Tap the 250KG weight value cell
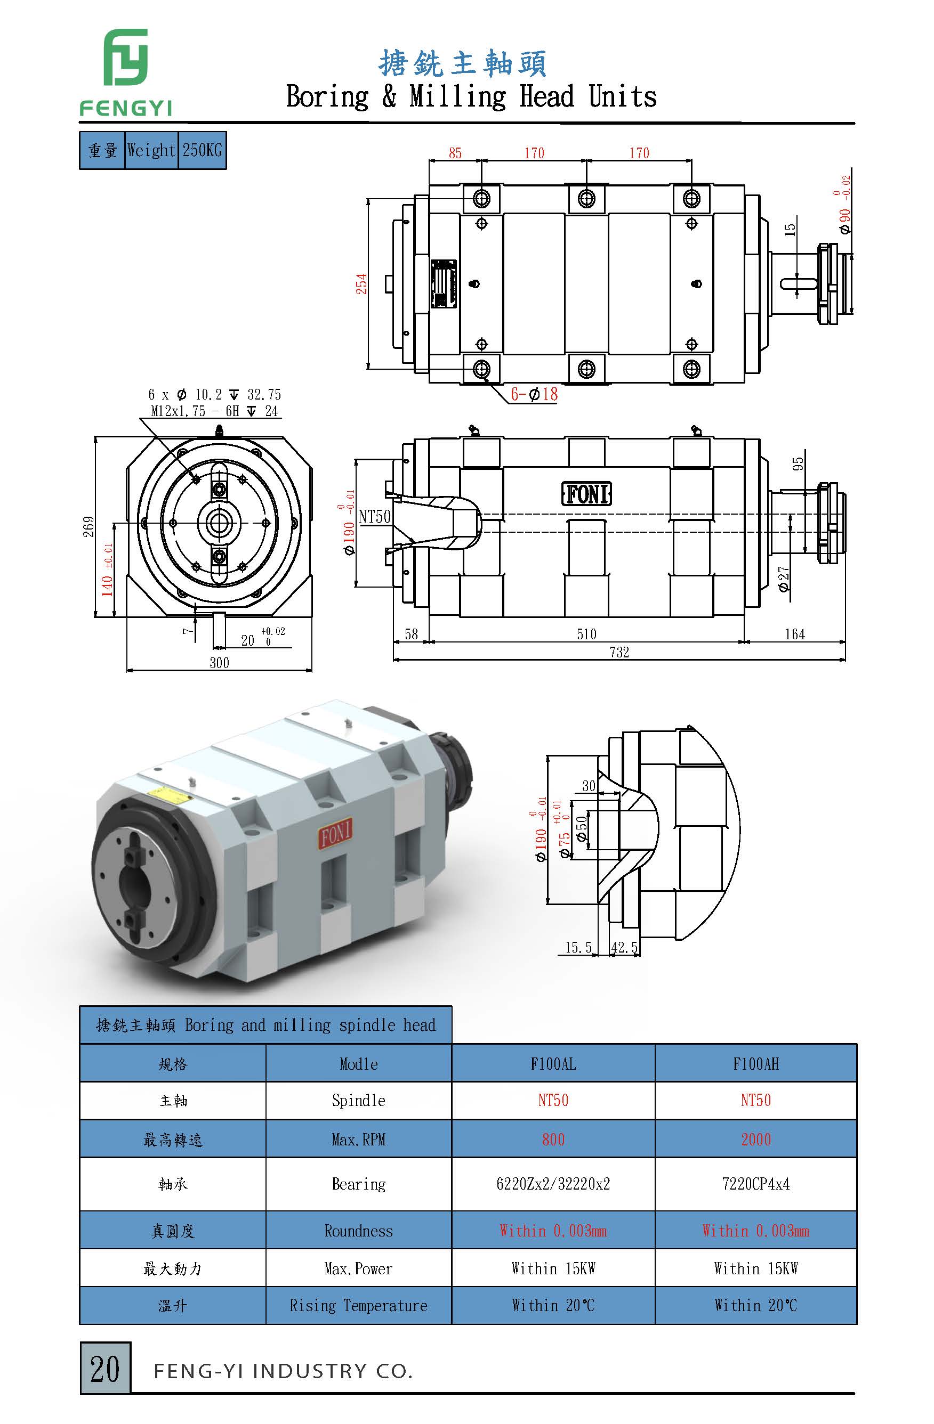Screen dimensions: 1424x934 click(x=202, y=150)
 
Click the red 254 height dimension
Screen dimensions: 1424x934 click(x=361, y=283)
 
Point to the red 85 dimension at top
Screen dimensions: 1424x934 click(x=455, y=153)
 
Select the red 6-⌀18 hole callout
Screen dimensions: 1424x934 click(x=534, y=394)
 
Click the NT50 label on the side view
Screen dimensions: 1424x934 click(x=375, y=516)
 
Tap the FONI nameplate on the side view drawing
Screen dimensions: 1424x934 click(x=586, y=494)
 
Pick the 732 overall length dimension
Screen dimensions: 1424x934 click(x=619, y=652)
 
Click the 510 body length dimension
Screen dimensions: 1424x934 click(x=586, y=634)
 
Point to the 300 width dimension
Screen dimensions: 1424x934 click(x=219, y=663)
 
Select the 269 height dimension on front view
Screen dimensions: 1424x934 click(x=88, y=526)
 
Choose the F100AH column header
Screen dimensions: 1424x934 click(x=755, y=1064)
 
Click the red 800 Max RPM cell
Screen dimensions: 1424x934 click(x=553, y=1139)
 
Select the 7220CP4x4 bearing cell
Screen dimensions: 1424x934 click(x=755, y=1184)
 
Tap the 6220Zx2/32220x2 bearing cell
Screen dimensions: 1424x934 click(x=553, y=1184)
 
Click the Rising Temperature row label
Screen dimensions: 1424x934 click(x=358, y=1306)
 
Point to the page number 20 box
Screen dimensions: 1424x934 click(x=105, y=1369)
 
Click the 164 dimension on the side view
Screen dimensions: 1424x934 click(x=794, y=634)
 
